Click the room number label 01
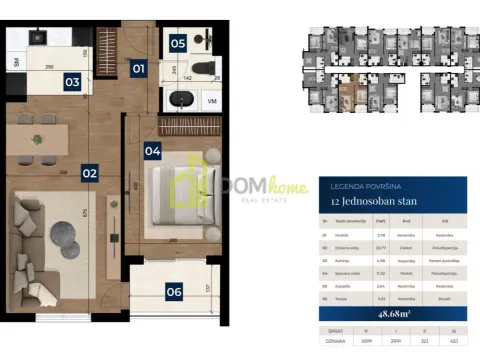tap(138, 69)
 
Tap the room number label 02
tap(89, 173)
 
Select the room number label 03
tap(71, 83)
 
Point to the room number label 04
tap(153, 152)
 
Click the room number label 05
tap(177, 43)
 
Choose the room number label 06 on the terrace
tap(174, 292)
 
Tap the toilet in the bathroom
tap(204, 68)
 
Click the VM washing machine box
tap(212, 101)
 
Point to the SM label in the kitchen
tap(15, 62)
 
